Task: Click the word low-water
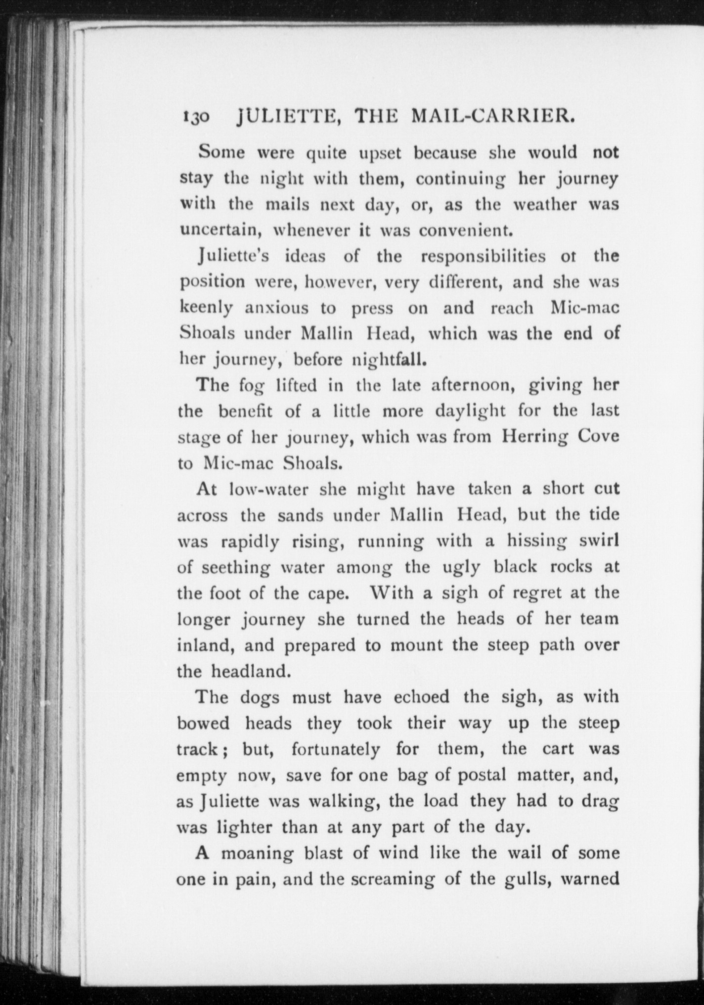point(268,490)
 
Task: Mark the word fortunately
point(335,749)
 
